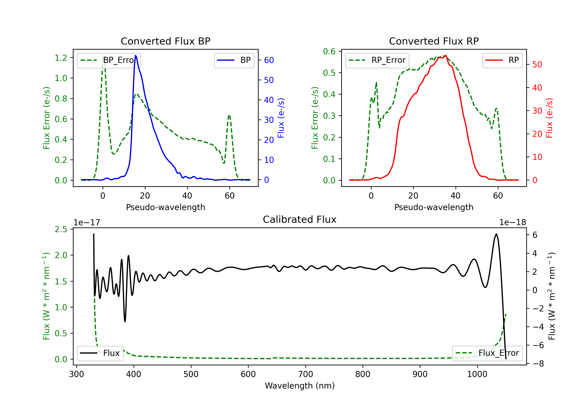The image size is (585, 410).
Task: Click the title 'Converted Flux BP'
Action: pos(165,41)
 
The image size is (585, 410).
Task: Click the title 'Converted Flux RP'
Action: pos(434,41)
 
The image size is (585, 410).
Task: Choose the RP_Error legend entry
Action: pos(377,60)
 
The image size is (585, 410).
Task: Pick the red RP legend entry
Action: pos(502,60)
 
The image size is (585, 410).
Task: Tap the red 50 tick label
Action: pos(537,65)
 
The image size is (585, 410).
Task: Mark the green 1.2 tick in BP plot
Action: pos(61,58)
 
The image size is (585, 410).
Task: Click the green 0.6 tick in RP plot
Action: pos(329,51)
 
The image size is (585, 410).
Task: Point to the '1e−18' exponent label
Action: pos(512,223)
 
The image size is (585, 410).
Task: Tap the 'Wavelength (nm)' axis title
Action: pos(300,386)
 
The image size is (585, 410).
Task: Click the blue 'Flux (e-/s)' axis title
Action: pos(281,118)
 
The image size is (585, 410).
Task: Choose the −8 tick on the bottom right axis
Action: pos(538,364)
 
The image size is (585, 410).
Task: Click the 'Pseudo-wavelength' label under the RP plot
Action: pos(434,207)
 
